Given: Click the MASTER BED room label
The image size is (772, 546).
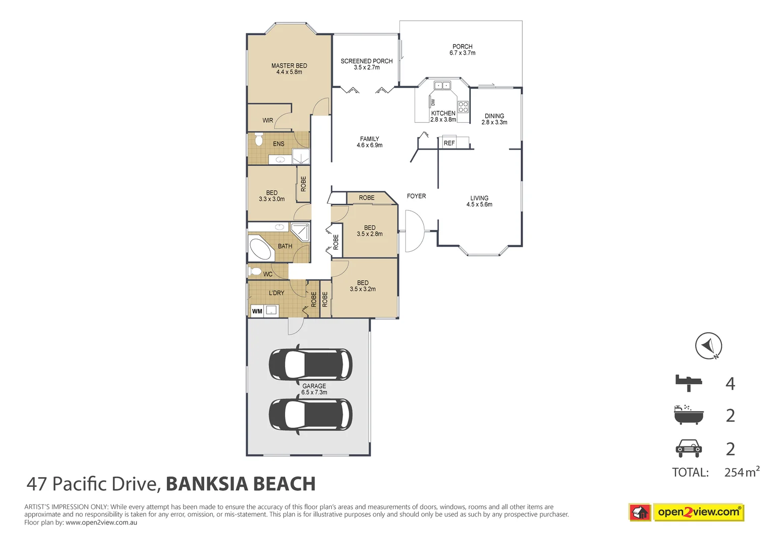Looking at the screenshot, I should [289, 69].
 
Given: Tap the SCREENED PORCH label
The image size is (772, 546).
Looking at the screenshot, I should [367, 64].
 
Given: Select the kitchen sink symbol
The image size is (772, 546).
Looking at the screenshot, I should [443, 85].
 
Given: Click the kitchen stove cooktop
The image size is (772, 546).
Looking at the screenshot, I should [463, 107].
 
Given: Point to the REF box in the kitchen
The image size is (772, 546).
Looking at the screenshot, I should [449, 143].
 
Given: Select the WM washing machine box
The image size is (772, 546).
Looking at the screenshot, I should [257, 311].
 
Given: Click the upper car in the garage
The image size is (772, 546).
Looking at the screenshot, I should [310, 363].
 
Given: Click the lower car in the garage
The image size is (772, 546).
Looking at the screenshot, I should [310, 414].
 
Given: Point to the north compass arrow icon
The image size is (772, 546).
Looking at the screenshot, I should [708, 346].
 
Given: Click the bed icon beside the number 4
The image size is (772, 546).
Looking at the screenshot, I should [689, 383].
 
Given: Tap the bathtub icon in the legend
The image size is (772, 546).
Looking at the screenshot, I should [689, 415].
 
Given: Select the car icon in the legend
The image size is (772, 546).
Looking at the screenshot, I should [689, 448].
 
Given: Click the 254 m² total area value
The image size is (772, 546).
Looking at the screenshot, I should [741, 472].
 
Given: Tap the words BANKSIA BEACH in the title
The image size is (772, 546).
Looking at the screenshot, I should [241, 484].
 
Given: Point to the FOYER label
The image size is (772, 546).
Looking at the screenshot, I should [416, 196].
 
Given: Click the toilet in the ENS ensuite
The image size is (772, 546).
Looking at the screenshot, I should [258, 139].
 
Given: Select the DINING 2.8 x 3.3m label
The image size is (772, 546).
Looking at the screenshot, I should [494, 119].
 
